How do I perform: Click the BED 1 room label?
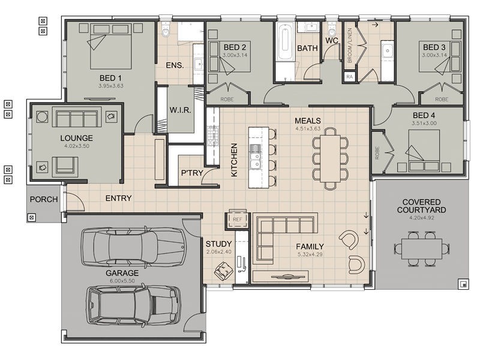[110, 78]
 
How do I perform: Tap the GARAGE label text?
[122, 273]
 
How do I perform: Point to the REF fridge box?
[237, 219]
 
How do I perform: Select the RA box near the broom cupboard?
[349, 77]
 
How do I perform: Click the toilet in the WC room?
[332, 29]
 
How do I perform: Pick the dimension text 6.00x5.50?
[122, 281]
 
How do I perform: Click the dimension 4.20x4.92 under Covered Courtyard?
[422, 218]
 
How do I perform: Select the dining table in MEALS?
[331, 158]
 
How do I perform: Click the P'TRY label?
[192, 173]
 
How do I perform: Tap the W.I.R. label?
[181, 110]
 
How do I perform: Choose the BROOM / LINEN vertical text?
[350, 46]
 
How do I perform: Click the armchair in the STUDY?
[224, 271]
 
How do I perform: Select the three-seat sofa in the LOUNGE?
[77, 116]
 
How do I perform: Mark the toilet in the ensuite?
[166, 30]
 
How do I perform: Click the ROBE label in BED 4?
[377, 153]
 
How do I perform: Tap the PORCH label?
[44, 199]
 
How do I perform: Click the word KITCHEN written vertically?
[234, 160]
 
